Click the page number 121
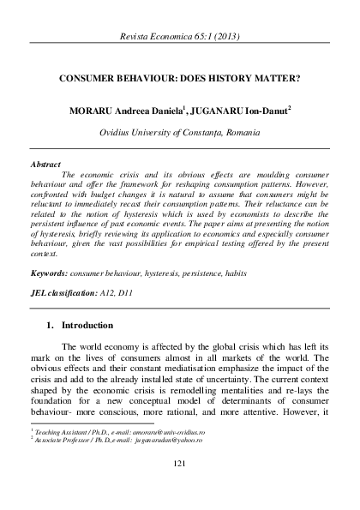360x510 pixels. [x=180, y=464]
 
